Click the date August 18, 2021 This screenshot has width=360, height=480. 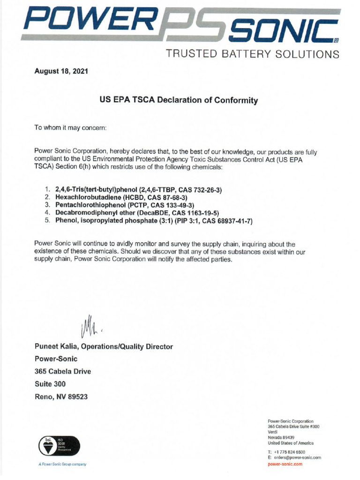61,72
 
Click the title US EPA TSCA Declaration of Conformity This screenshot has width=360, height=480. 179,100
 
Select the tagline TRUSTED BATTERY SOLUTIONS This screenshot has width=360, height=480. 252,54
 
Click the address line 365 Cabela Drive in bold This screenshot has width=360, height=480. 63,371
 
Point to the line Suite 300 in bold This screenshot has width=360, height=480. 50,384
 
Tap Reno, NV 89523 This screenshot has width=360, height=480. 61,397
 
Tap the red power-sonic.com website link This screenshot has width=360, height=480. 285,464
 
